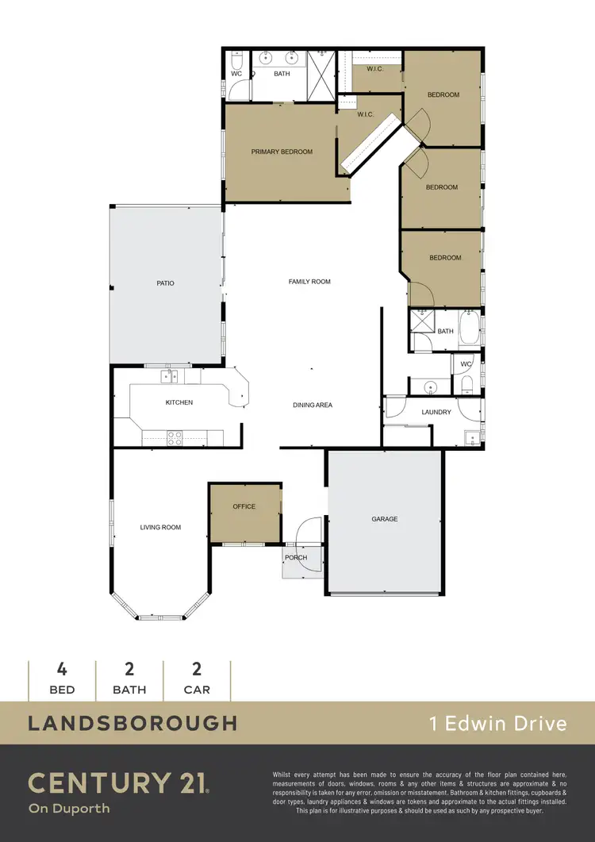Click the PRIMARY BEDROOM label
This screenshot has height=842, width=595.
282,152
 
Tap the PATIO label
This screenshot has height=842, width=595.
165,283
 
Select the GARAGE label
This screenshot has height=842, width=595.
384,519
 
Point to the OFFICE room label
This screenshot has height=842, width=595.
244,506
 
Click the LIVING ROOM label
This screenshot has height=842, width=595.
160,527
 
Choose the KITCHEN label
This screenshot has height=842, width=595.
178,402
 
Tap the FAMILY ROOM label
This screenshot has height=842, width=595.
309,282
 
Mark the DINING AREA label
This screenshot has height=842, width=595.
313,405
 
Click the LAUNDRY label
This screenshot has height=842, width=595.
436,412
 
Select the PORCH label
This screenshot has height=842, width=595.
296,557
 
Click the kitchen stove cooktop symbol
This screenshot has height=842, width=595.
174,435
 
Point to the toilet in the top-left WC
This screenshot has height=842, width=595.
236,62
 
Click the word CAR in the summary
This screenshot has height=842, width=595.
197,690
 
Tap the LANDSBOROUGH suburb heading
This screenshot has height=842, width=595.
132,722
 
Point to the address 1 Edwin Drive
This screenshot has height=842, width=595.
497,723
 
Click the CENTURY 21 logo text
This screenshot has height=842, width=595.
119,783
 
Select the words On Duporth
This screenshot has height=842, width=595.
69,809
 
